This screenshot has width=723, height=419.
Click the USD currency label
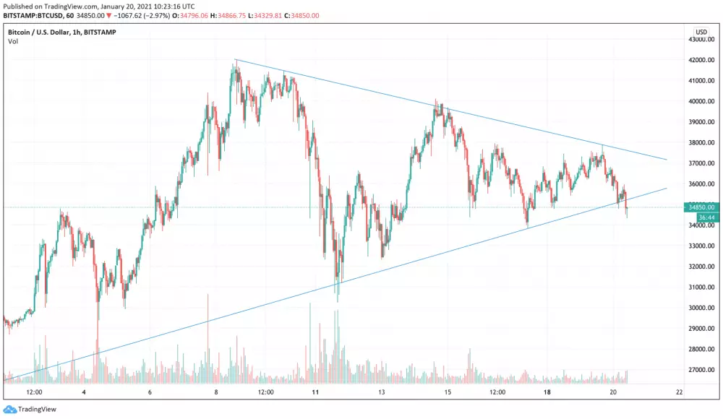point(701,33)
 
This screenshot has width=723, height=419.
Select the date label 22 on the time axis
point(679,392)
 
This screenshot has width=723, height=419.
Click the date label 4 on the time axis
point(85,392)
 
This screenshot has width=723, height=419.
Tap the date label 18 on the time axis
point(548,392)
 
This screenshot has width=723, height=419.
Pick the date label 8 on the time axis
point(215,392)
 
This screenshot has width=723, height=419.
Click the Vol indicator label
point(13,42)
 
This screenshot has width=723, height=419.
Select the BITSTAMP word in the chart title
point(100,33)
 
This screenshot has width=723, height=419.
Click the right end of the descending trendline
point(666,160)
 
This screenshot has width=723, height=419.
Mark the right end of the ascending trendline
point(666,188)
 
